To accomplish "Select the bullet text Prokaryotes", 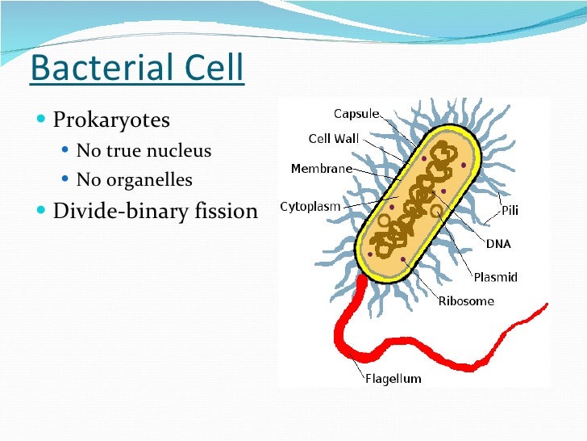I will tap(111, 121).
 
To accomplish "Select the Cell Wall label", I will tap(334, 138).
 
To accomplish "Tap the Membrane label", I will tap(321, 169).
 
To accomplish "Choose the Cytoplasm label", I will tap(310, 207).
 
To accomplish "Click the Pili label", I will tap(510, 211).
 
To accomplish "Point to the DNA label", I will tap(497, 243).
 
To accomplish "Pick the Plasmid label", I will tap(495, 277).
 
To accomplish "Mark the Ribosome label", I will tap(465, 301).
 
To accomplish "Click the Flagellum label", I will tap(393, 378).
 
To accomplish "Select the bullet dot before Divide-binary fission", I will tap(42, 212).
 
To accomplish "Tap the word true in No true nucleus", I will tap(119, 151).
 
